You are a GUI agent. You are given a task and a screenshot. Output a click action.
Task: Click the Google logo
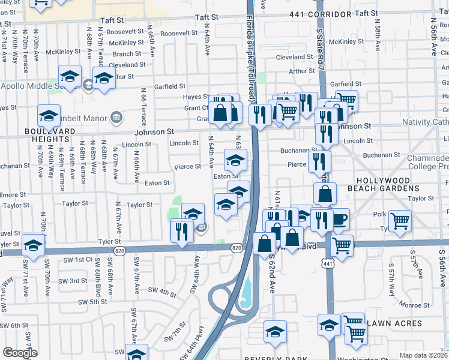[x=20, y=352]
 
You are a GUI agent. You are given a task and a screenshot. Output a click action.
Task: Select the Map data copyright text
[x=424, y=355]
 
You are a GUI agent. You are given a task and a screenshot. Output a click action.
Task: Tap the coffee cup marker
[x=340, y=219]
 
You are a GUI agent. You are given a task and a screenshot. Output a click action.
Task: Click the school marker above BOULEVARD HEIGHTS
[x=49, y=115]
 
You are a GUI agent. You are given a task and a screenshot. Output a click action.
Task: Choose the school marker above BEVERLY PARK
[x=275, y=331]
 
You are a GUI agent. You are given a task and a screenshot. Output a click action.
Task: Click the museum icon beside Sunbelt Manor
[x=116, y=115]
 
